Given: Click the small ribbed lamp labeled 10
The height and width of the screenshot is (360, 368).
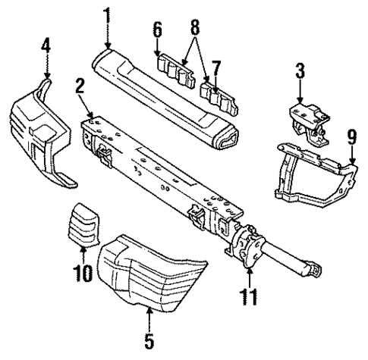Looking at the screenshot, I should pyautogui.click(x=83, y=225).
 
